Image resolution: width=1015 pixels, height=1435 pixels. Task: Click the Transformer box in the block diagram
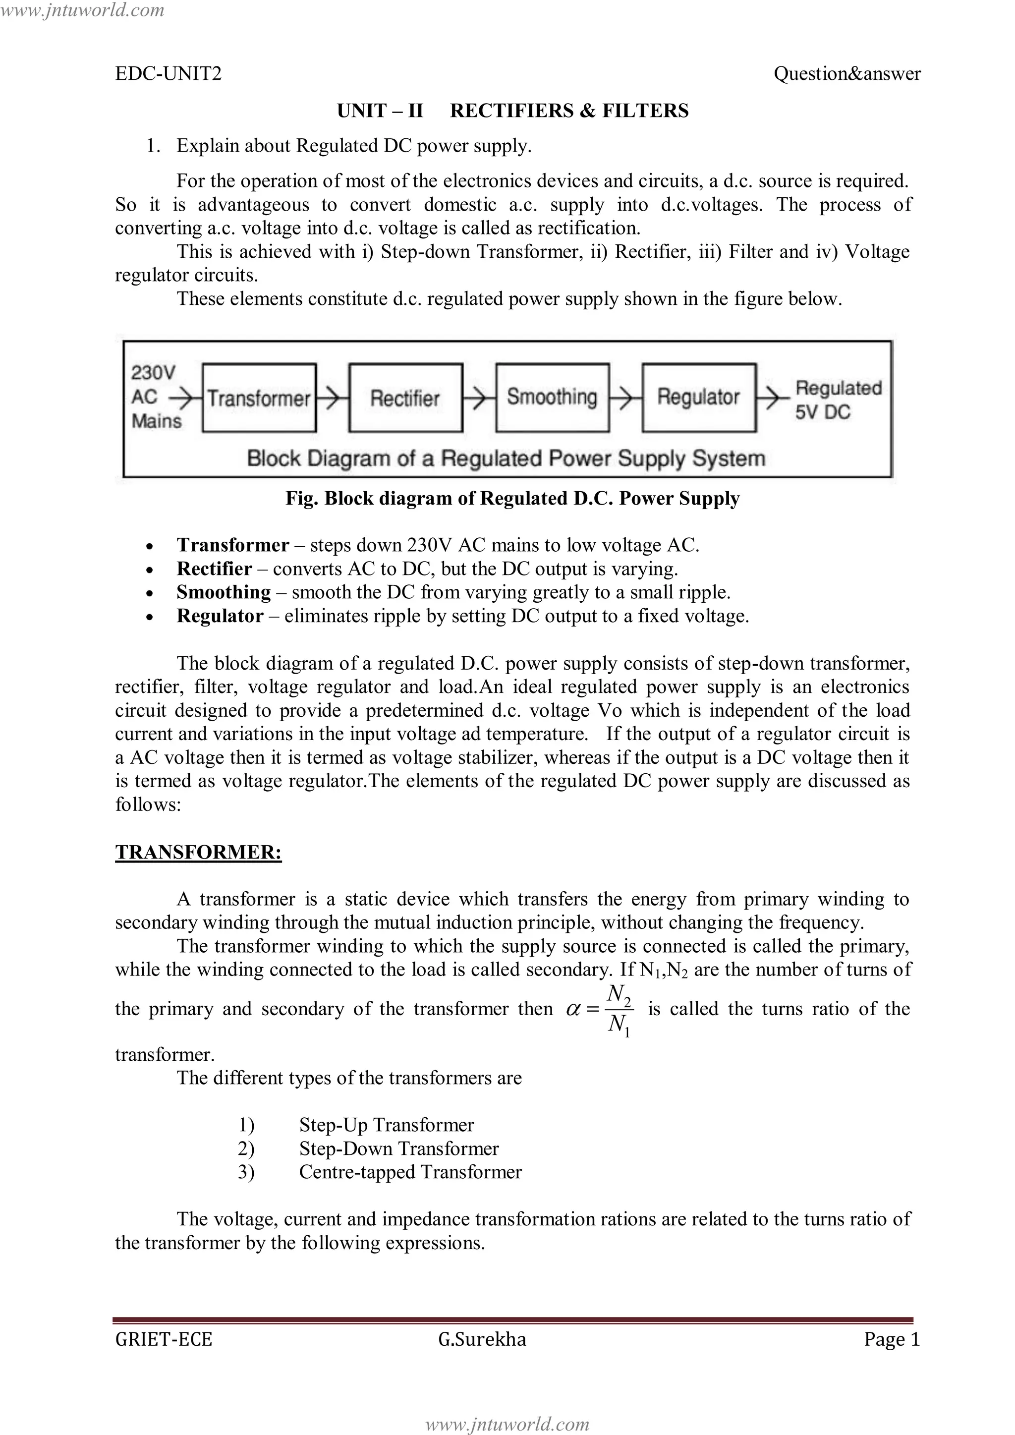coord(259,398)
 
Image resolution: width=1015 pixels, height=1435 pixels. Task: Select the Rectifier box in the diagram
coord(405,398)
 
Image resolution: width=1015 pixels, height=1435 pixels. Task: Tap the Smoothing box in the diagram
coord(552,398)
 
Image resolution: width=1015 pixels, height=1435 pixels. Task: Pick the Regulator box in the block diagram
coord(699,398)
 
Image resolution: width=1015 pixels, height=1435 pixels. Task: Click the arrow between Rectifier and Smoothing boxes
coord(479,398)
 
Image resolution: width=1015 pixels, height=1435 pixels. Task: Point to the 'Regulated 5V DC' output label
coord(838,400)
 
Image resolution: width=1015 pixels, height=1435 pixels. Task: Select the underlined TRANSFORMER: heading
coord(198,853)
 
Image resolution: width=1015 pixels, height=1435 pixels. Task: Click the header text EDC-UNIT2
coord(168,74)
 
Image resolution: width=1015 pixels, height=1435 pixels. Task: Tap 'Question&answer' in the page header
coord(846,74)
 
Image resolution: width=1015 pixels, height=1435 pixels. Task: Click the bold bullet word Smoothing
coord(223,592)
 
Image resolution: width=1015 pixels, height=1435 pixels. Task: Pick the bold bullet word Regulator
coord(220,616)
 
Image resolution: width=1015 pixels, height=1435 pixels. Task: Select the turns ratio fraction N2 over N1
coord(619,1009)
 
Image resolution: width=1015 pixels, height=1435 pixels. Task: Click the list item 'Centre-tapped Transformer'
coord(410,1172)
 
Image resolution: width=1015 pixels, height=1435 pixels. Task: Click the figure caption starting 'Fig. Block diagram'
coord(512,498)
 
